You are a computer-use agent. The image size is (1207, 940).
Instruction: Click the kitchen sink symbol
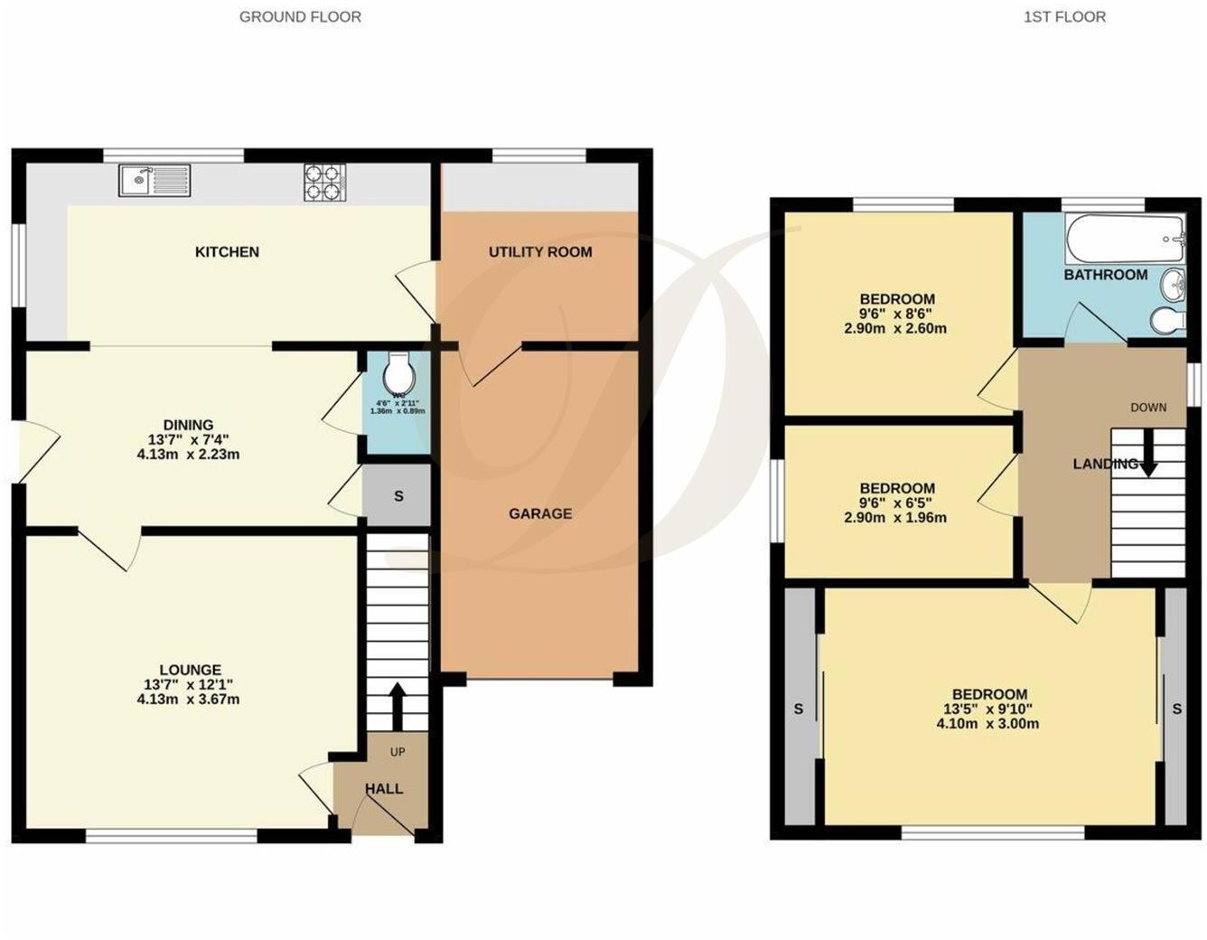[x=154, y=180]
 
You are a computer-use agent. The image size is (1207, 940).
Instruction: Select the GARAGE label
[x=540, y=513]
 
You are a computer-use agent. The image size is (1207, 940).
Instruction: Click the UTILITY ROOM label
[x=540, y=252]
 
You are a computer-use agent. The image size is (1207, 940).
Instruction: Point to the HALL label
[x=384, y=789]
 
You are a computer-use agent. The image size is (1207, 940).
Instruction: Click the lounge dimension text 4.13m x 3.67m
[x=188, y=700]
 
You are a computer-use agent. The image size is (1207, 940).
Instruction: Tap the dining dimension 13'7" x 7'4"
[x=188, y=440]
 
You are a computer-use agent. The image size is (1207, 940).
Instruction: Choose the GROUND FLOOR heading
[x=300, y=16]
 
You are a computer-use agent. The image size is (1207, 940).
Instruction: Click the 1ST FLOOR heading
[x=1064, y=16]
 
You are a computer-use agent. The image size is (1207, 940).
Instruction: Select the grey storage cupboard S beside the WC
[x=398, y=496]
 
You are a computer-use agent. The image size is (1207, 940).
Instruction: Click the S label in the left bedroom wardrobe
[x=799, y=710]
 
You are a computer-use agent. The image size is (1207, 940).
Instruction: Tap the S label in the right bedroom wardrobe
[x=1176, y=710]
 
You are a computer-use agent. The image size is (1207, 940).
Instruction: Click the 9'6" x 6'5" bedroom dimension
[x=897, y=503]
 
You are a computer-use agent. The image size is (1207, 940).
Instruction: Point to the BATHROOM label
[x=1106, y=275]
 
